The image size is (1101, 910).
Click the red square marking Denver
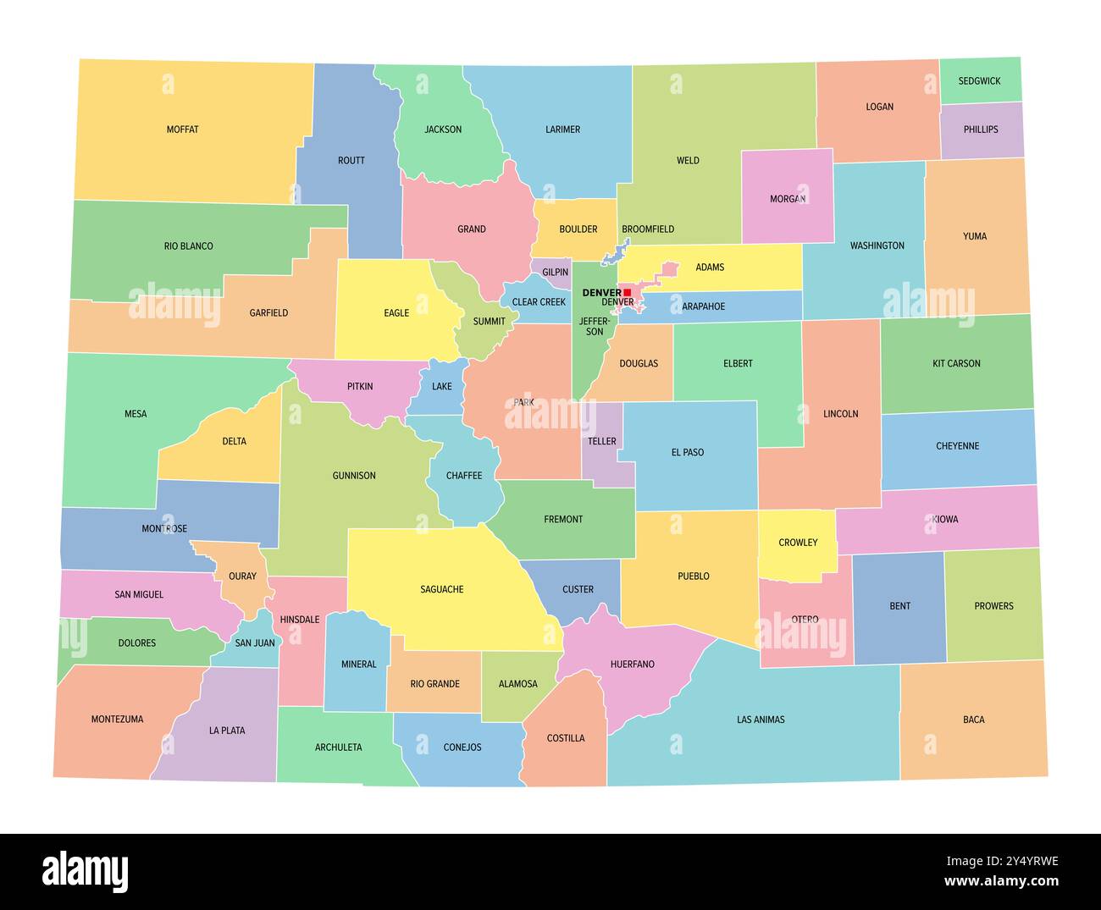(x=627, y=293)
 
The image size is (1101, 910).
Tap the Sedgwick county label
(x=979, y=81)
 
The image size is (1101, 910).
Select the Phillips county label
(x=981, y=130)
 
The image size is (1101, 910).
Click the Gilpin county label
(x=555, y=273)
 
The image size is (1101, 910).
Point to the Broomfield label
(x=648, y=229)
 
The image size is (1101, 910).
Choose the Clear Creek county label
(x=539, y=302)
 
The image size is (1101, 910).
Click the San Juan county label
(x=255, y=643)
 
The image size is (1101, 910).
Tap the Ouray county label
(x=242, y=576)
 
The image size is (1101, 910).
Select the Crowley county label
(x=798, y=543)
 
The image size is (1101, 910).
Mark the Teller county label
(x=602, y=442)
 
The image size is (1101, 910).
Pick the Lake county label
(x=442, y=387)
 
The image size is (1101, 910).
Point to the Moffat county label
(x=183, y=130)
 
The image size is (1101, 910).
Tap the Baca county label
(x=973, y=720)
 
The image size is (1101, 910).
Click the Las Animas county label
(x=761, y=720)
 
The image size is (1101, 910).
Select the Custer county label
(x=578, y=589)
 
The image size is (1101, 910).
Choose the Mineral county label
(x=358, y=665)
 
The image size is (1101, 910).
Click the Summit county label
(x=489, y=322)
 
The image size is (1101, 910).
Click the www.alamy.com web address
(x=1001, y=882)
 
